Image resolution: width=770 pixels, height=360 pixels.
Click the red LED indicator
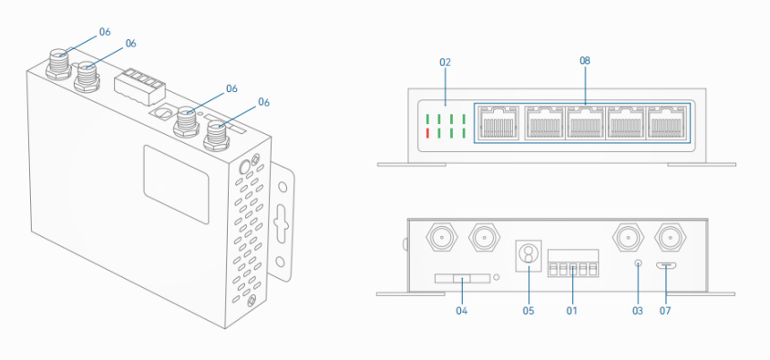pos(427,132)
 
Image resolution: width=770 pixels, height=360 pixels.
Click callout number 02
pos(445,62)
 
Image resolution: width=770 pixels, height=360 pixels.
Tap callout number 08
pos(585,60)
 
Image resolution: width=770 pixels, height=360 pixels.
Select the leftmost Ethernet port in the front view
pos(498,123)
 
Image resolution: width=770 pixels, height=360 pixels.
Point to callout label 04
pos(461,311)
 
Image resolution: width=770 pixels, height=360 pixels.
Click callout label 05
pos(529,311)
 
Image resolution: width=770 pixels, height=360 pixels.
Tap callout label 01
pos(572,311)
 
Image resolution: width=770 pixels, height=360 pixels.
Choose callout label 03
pos(637,311)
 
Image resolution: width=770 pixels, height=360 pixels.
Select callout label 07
pos(665,311)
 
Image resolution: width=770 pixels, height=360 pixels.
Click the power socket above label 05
pos(529,255)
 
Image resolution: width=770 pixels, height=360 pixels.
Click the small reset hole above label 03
pos(638,262)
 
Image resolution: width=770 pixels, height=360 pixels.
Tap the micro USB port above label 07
pos(666,266)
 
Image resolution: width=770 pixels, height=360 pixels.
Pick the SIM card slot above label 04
pos(462,279)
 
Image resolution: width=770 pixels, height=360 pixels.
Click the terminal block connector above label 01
pos(573,263)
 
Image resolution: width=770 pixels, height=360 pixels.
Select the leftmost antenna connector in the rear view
pos(442,238)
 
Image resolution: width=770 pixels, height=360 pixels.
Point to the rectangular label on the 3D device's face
pos(176,184)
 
